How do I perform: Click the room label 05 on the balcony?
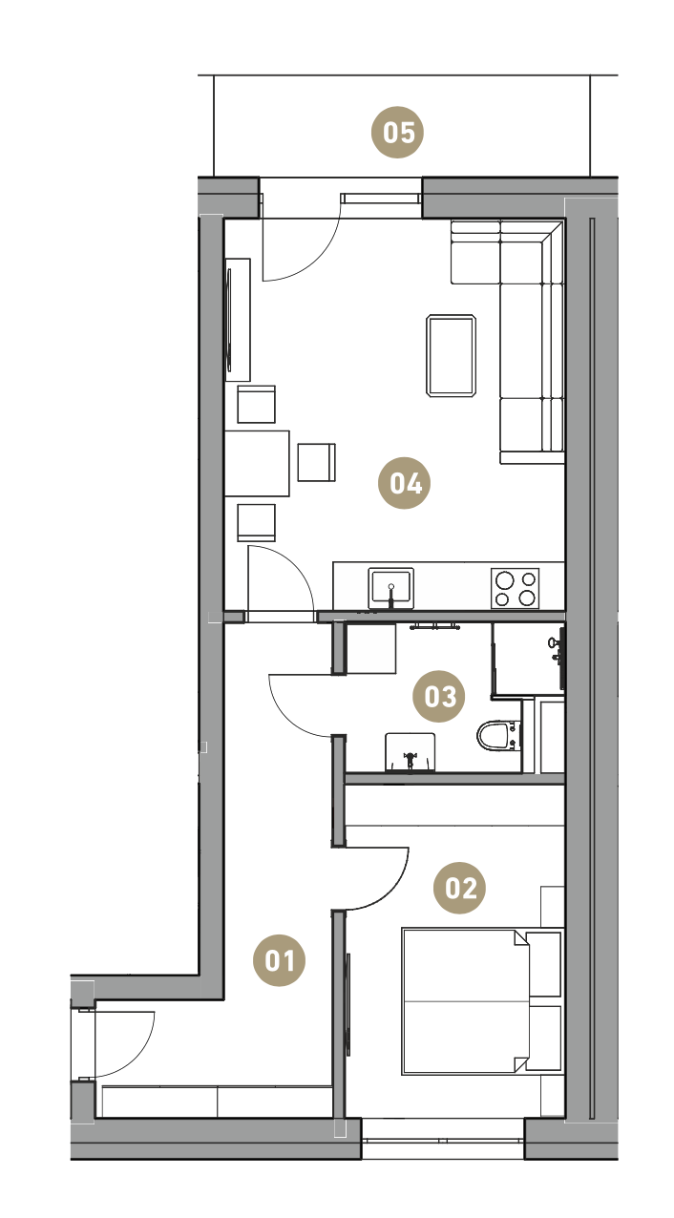tap(397, 132)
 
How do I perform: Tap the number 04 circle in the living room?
tap(404, 483)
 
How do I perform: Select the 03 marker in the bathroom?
tap(438, 696)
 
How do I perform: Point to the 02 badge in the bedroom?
tap(459, 888)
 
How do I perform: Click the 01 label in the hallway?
tap(279, 960)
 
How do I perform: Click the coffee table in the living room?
tap(451, 356)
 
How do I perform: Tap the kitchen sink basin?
tap(390, 588)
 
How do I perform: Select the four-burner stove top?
tap(515, 588)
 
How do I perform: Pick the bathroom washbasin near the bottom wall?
tap(411, 752)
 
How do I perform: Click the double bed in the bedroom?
tap(465, 1001)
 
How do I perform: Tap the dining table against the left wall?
tap(257, 463)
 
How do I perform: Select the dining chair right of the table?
tap(316, 462)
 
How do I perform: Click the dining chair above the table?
tap(256, 405)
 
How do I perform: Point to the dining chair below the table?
tap(256, 522)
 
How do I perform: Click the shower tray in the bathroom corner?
tap(528, 659)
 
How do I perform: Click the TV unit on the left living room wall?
tap(238, 320)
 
